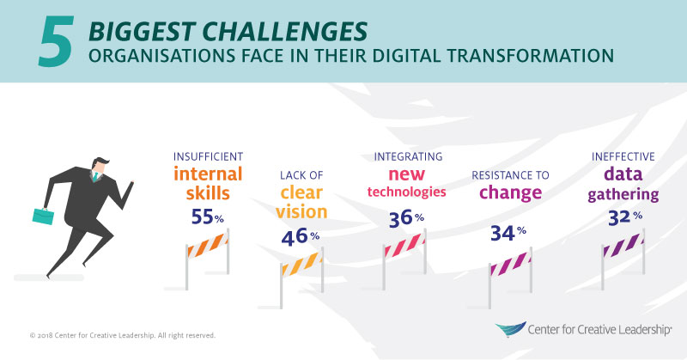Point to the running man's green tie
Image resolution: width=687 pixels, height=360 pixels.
(98, 180)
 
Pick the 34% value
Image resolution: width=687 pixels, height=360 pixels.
(508, 232)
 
